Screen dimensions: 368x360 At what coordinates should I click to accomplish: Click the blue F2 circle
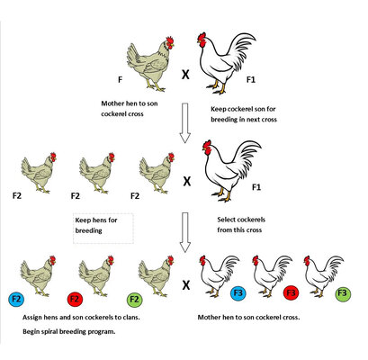(16, 299)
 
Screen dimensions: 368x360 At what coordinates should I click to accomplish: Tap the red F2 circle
(75, 299)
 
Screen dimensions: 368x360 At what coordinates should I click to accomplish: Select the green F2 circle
(135, 300)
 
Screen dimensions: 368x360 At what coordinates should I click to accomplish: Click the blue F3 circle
(238, 292)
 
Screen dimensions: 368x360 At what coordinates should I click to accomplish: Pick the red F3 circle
(291, 292)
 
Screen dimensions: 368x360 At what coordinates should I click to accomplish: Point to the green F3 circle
(343, 293)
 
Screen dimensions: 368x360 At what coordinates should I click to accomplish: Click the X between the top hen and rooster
(185, 74)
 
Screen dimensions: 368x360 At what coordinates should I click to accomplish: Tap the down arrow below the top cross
(185, 123)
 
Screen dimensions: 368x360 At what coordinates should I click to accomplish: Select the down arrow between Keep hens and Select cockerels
(185, 232)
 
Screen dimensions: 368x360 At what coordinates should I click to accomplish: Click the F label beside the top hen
(120, 79)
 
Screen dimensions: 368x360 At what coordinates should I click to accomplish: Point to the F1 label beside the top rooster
(251, 79)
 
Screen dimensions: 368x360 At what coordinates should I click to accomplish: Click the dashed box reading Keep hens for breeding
(103, 229)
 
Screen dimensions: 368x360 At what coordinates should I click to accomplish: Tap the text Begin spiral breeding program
(69, 331)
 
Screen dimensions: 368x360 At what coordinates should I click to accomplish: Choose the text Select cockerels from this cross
(241, 225)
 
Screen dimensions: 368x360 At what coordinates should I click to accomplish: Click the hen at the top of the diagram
(150, 64)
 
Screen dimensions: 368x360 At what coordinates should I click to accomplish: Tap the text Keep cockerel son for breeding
(243, 114)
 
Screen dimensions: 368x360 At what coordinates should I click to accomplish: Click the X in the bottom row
(186, 284)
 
